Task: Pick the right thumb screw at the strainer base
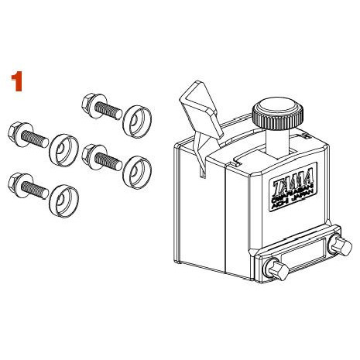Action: (338, 248)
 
